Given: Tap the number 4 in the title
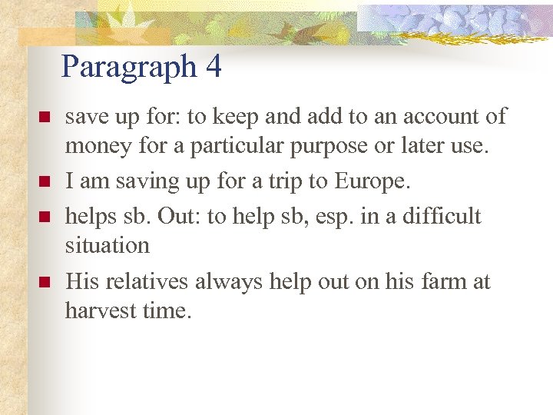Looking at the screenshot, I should (214, 67).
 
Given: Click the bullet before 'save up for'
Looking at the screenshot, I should (45, 118).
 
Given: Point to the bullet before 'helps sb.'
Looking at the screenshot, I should (45, 217).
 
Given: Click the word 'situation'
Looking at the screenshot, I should (108, 246).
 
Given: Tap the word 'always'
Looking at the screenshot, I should (228, 283).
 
